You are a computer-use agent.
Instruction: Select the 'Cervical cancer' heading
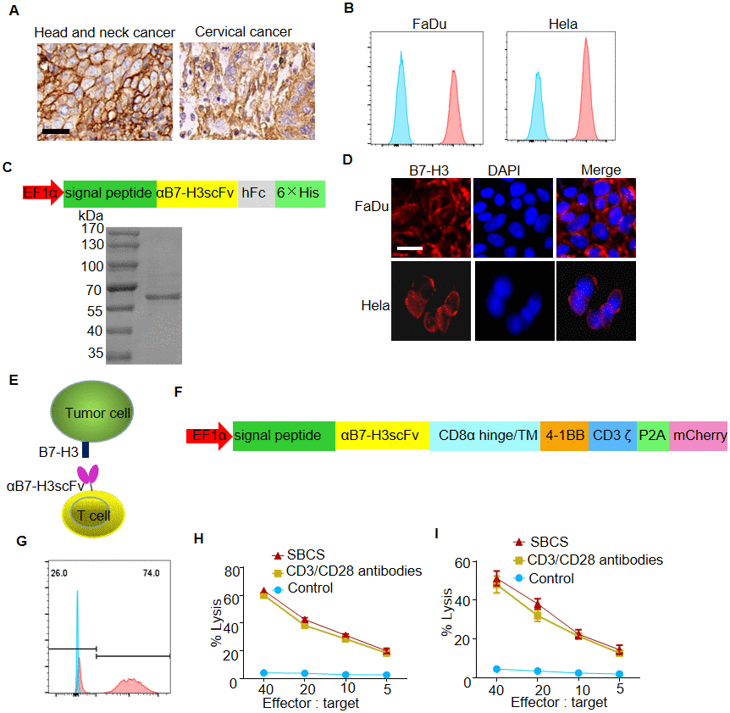[x=243, y=32]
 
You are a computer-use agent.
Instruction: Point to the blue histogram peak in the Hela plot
[x=537, y=106]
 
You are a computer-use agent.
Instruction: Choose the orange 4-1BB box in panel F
[x=564, y=436]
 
